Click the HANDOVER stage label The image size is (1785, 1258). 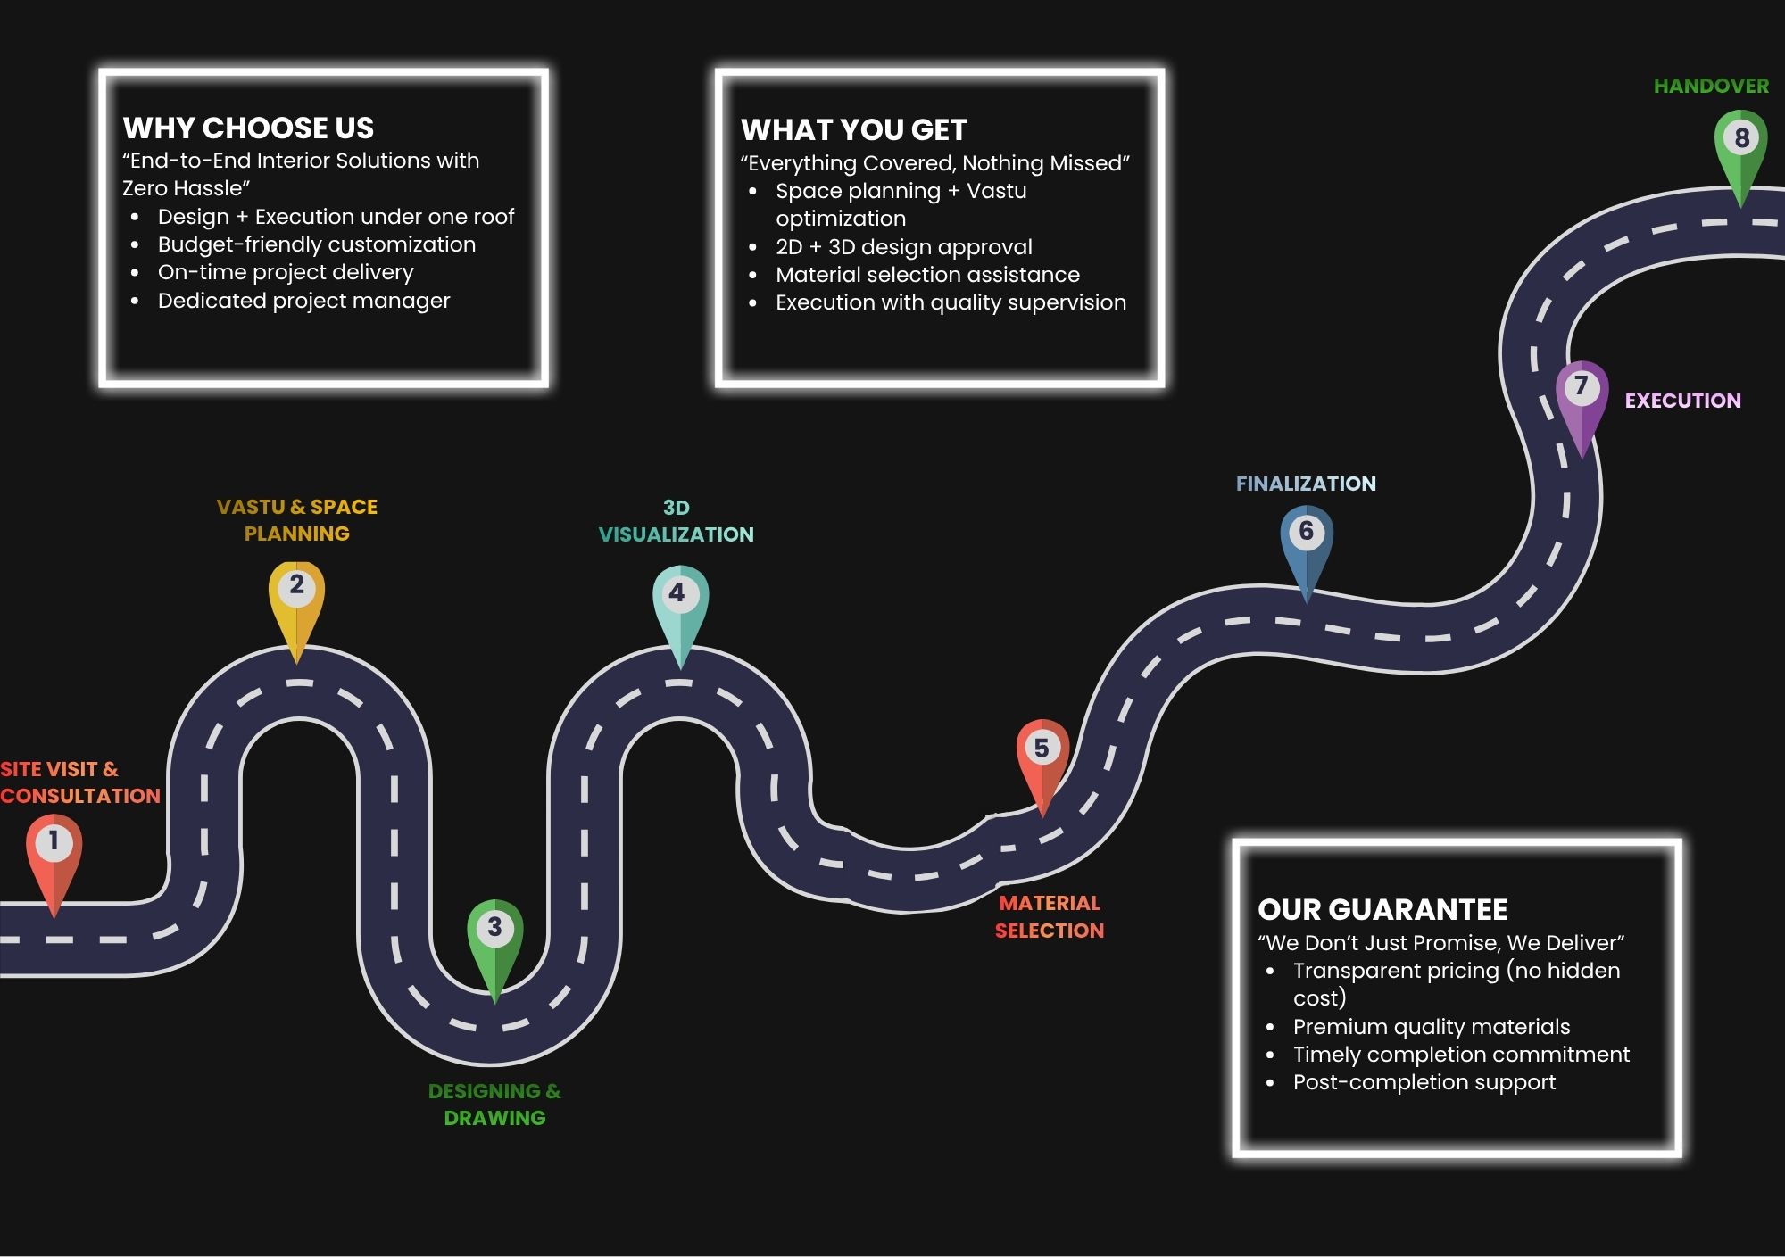(1711, 87)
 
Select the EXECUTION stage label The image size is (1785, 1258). (1682, 401)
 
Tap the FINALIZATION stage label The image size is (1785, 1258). (1306, 484)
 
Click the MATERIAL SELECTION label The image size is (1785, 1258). (1050, 917)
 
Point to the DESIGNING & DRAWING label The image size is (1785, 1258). (494, 1105)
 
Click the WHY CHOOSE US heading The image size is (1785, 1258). (248, 128)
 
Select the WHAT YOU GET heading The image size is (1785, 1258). (853, 130)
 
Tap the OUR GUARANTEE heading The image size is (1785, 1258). (1382, 910)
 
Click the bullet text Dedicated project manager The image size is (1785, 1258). (303, 301)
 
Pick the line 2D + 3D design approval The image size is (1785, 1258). (903, 247)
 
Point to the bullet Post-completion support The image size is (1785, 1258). (1424, 1082)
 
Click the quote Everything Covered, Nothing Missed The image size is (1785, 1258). (934, 163)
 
